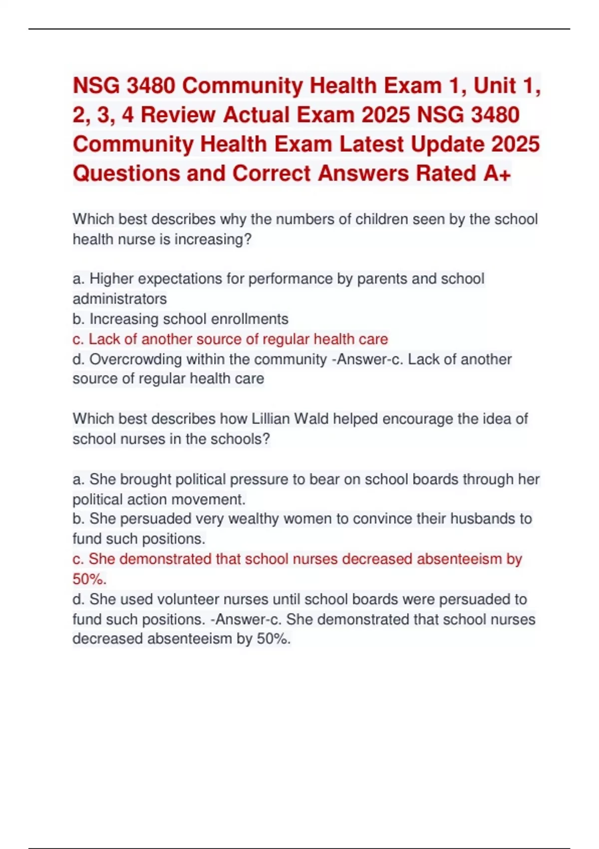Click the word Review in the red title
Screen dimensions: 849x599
pyautogui.click(x=179, y=115)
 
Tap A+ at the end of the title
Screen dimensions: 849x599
pyautogui.click(x=497, y=173)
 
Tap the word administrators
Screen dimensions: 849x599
pyautogui.click(x=120, y=299)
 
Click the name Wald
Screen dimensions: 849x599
pyautogui.click(x=311, y=419)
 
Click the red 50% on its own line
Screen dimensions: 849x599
pyautogui.click(x=89, y=579)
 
